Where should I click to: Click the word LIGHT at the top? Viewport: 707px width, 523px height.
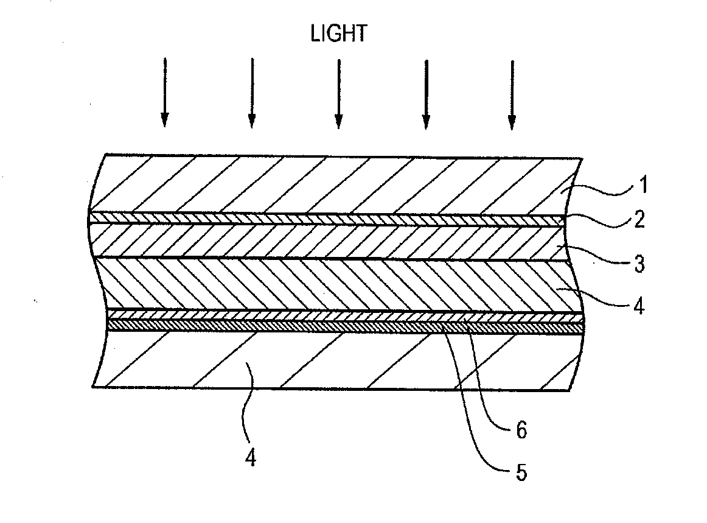point(338,34)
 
